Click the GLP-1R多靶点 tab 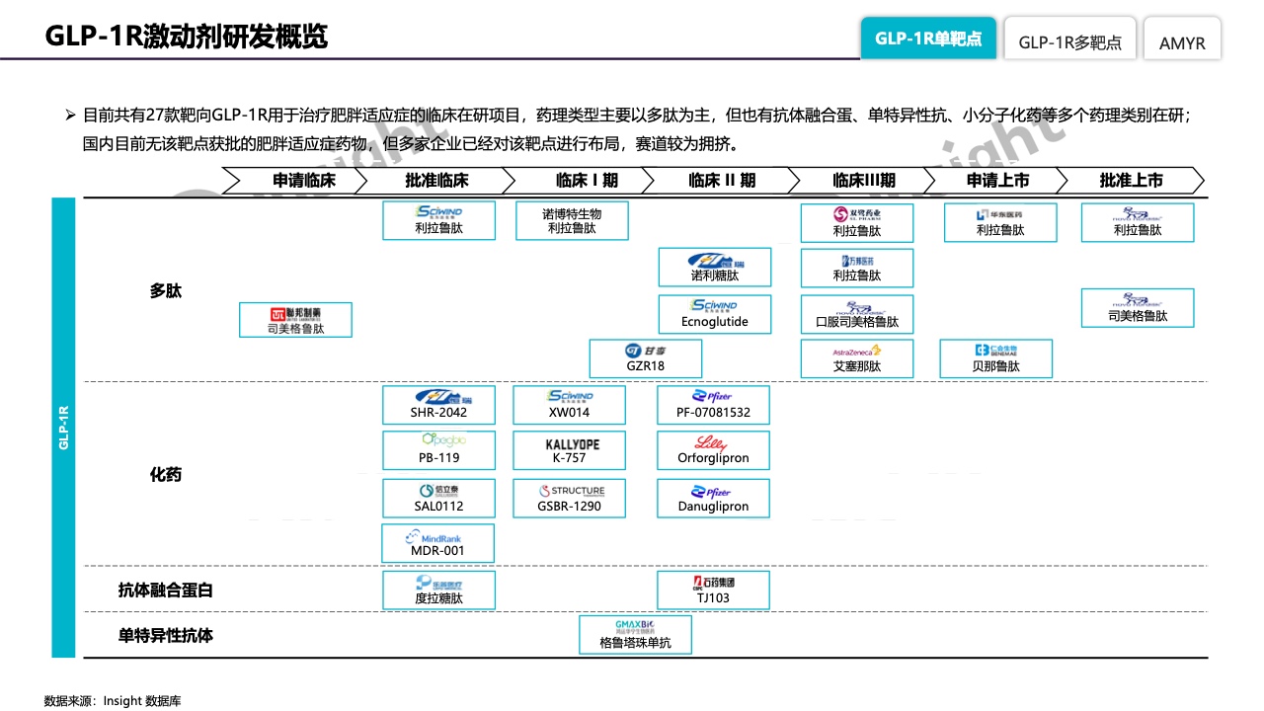[x=1069, y=41]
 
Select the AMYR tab [x=1182, y=41]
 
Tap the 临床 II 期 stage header [x=721, y=181]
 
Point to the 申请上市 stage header [x=997, y=181]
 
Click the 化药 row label [x=166, y=475]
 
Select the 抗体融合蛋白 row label [x=166, y=591]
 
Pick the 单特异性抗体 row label [x=166, y=635]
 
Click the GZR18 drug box [x=645, y=358]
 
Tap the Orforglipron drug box [x=713, y=449]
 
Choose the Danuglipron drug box [x=713, y=499]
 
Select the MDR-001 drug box [x=437, y=543]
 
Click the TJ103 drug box [x=713, y=590]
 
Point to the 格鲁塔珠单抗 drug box [x=635, y=634]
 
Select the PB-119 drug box [x=437, y=449]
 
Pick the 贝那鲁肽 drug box [x=995, y=358]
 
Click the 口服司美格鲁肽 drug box [x=856, y=314]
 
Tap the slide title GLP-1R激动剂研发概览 [x=187, y=37]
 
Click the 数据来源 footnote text [x=113, y=701]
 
